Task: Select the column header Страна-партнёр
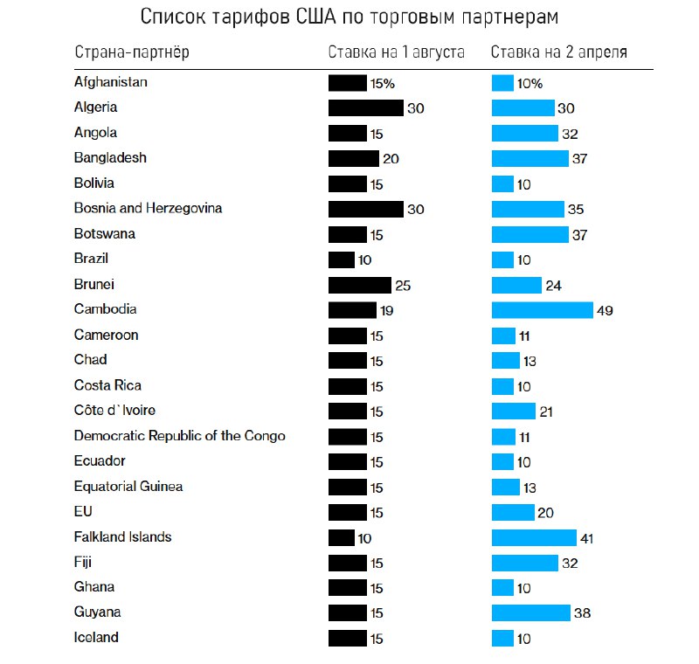132,52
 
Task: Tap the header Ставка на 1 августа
396,52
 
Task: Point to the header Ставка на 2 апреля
558,52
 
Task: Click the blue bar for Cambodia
542,310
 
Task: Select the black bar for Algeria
366,108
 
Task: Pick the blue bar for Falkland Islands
534,538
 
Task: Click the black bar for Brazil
342,259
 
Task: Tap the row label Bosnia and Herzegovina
148,209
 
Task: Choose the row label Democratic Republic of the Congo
179,436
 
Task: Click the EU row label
83,512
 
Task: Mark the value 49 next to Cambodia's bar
605,311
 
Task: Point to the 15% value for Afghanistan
383,84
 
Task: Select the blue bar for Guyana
530,613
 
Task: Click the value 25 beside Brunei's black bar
402,286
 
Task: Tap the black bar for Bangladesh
353,159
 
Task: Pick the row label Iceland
96,638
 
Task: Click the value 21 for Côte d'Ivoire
546,412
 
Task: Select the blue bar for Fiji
524,563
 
